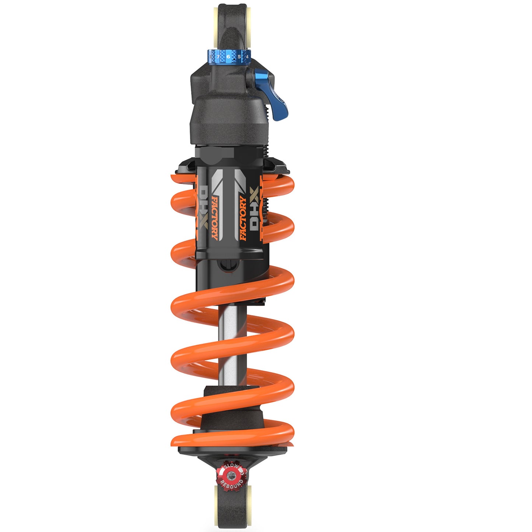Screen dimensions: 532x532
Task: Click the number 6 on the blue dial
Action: coord(228,56)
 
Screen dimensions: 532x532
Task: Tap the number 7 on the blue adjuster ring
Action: coord(218,57)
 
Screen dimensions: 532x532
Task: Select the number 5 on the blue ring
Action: coord(239,57)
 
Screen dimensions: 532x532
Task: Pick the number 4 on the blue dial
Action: coord(247,57)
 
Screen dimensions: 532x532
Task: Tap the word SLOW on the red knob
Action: coord(231,467)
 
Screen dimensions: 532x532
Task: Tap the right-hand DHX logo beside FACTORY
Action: coord(254,208)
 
